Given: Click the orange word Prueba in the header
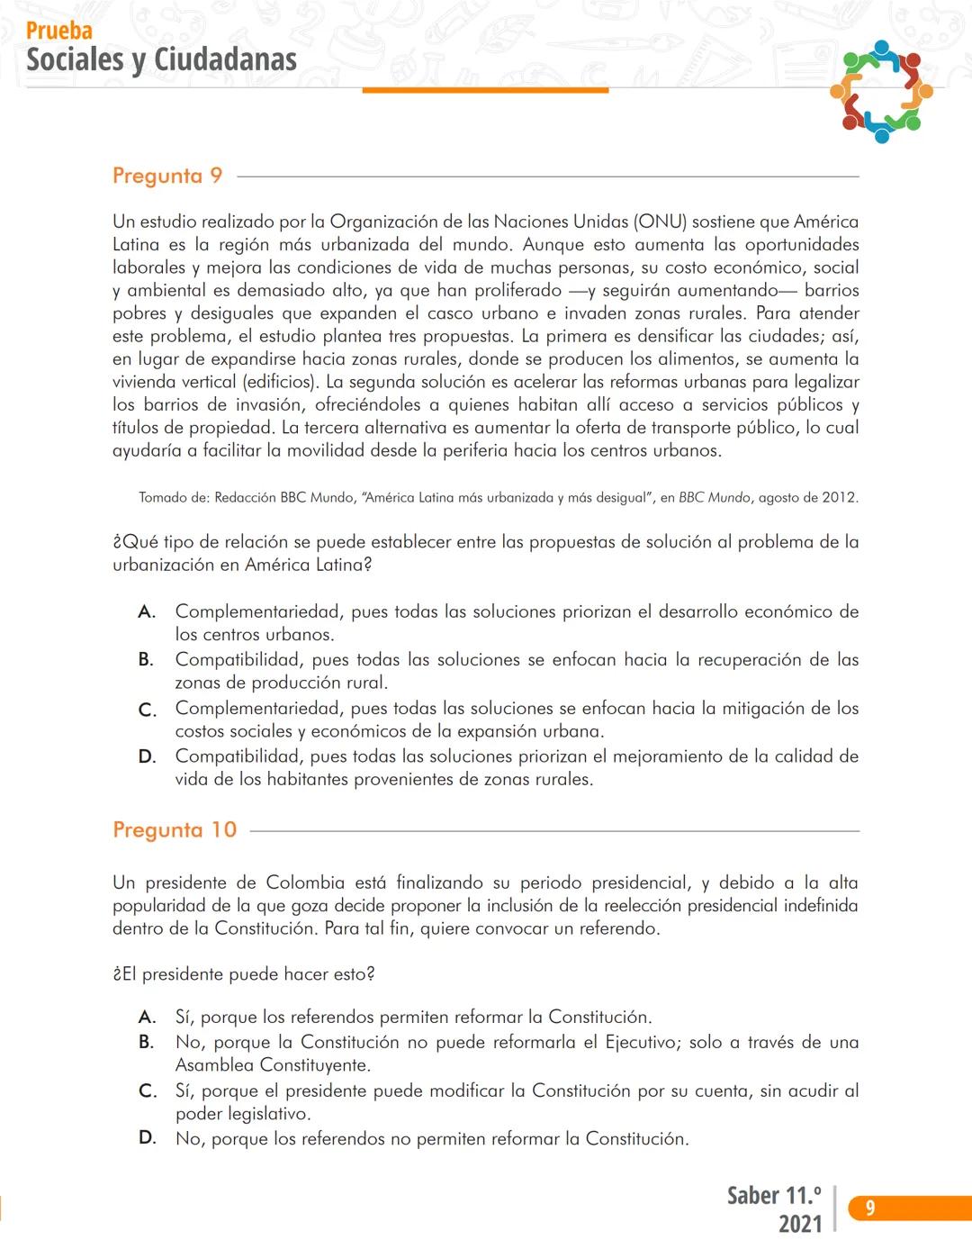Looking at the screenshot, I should click(59, 31).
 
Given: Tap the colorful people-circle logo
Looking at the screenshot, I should click(881, 91).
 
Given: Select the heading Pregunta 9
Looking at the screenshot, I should click(167, 176).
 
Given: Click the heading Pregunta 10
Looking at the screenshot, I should click(175, 829).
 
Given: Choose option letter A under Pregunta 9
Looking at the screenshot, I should click(147, 612).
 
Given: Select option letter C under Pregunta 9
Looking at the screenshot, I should click(147, 710).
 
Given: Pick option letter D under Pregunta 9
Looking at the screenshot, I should click(147, 757).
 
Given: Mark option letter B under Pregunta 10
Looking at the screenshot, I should click(147, 1043).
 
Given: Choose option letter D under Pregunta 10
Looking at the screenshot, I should click(147, 1139).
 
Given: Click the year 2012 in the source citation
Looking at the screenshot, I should click(840, 497).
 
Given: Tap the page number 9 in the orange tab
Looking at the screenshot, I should click(869, 1208).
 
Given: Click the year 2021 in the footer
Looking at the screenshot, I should click(800, 1223).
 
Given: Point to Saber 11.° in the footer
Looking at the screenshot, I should click(774, 1195).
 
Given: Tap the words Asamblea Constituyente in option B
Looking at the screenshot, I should click(273, 1065).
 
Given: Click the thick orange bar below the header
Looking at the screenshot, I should click(485, 90).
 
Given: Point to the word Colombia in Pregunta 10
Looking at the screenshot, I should click(305, 882).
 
